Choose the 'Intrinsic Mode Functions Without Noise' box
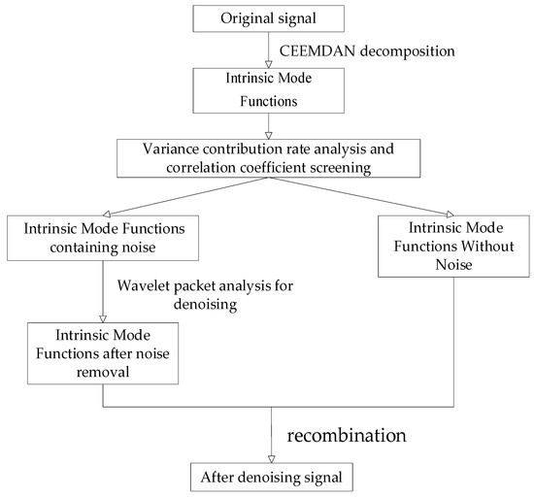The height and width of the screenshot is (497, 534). tap(451, 248)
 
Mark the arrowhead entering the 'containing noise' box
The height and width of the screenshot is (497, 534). tap(97, 213)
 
